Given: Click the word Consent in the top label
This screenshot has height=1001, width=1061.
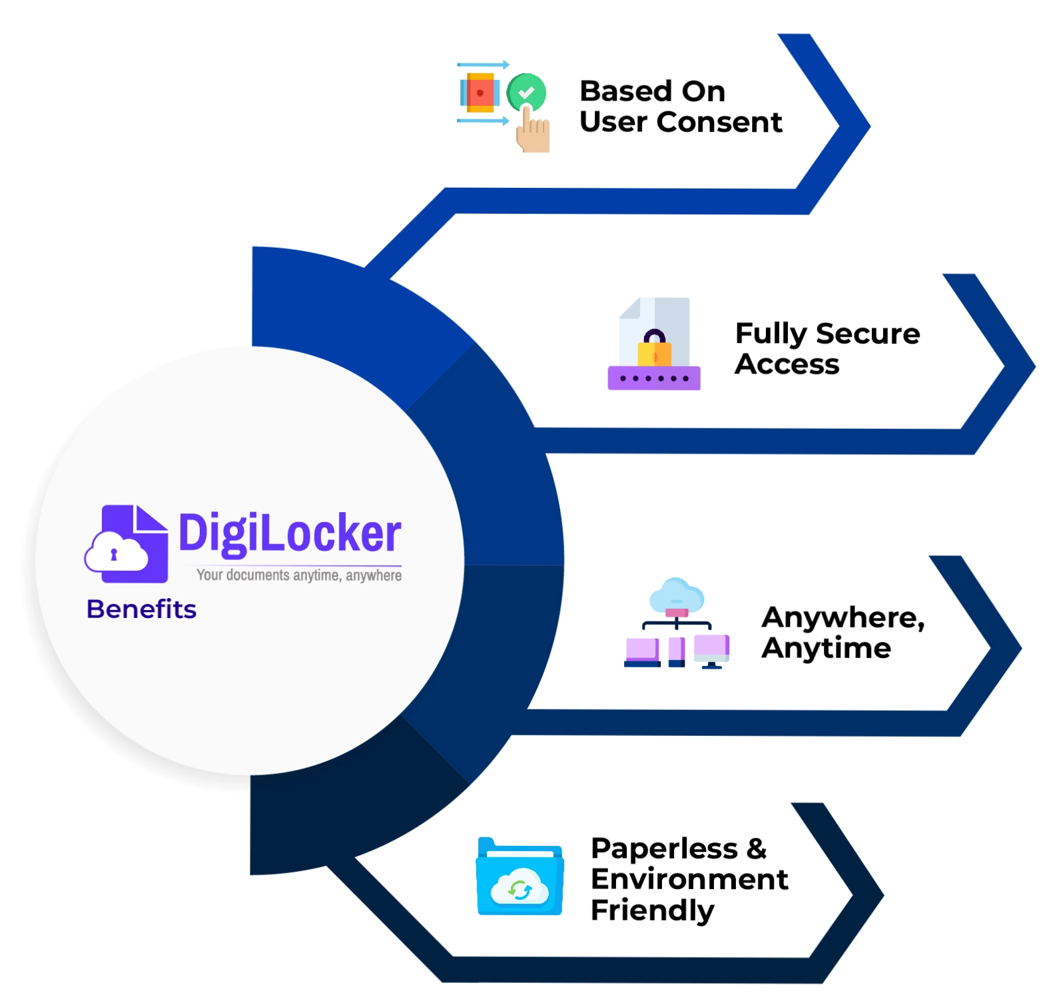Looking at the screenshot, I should [x=719, y=123].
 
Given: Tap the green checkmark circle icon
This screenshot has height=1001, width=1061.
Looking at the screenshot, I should [x=526, y=92].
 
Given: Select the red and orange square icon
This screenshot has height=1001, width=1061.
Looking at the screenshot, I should [x=480, y=93].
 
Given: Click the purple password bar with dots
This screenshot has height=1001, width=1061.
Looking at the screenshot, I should [x=653, y=378].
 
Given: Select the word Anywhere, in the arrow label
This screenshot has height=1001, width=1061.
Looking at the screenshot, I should [x=843, y=618].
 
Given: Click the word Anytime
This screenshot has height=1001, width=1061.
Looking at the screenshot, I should [x=826, y=648].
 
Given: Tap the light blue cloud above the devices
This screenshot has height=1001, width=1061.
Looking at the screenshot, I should [x=677, y=594].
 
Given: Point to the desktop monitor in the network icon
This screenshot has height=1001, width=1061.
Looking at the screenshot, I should [x=711, y=650].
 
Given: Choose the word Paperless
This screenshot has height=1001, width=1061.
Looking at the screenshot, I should [x=664, y=848].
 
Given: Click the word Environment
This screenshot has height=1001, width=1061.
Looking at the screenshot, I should [x=689, y=879].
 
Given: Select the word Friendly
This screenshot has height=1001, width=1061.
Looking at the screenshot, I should [x=652, y=910].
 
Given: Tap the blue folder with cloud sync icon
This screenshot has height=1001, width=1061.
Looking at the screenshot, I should [x=520, y=877].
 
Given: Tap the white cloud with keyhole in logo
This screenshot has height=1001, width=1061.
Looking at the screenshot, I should [x=116, y=553].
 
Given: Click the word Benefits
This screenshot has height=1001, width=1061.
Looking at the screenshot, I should [x=141, y=609].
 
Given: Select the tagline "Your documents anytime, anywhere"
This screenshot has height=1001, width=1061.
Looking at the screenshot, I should [x=298, y=575].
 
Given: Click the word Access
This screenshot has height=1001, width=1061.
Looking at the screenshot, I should [x=787, y=364].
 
